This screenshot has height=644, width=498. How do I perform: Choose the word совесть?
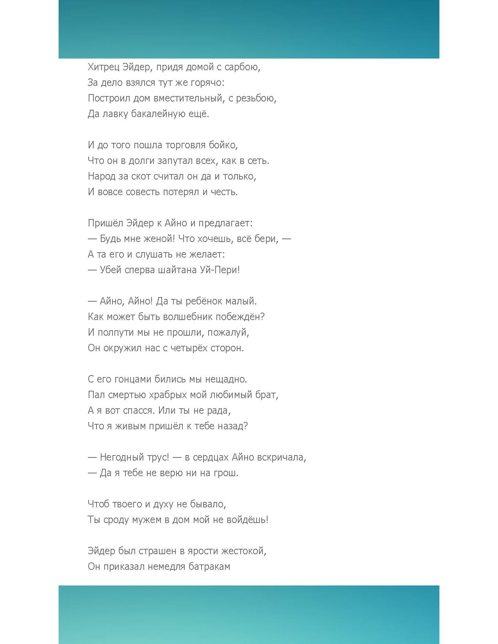tap(143, 192)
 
